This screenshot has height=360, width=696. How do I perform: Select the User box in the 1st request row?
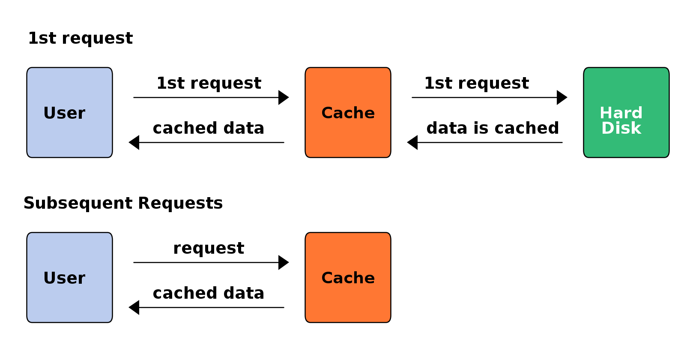[69, 112]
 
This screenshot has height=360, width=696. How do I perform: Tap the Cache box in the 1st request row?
[348, 112]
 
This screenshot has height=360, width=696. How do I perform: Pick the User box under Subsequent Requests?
[69, 277]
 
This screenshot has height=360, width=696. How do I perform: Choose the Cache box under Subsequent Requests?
[348, 277]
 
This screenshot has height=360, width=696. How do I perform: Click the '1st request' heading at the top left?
[81, 38]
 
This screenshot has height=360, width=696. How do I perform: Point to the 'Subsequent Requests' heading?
[123, 203]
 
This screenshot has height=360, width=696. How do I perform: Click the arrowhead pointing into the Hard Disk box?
[562, 97]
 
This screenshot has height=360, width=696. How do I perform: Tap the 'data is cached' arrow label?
[493, 128]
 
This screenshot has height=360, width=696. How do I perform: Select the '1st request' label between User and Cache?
[209, 83]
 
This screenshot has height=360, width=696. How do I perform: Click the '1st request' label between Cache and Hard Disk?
[477, 83]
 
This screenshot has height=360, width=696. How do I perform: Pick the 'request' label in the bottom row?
[209, 248]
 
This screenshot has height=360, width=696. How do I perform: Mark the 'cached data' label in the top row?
[208, 128]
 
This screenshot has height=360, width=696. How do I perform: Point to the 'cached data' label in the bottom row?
[208, 293]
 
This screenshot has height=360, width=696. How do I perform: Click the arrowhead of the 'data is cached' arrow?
[412, 142]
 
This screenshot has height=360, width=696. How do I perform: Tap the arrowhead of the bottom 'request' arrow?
[284, 262]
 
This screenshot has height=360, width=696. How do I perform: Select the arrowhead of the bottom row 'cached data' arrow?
[134, 307]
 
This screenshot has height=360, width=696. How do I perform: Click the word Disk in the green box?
[621, 128]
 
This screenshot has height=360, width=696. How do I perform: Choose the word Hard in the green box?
[621, 113]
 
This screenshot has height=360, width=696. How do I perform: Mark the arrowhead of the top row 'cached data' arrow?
[134, 142]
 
